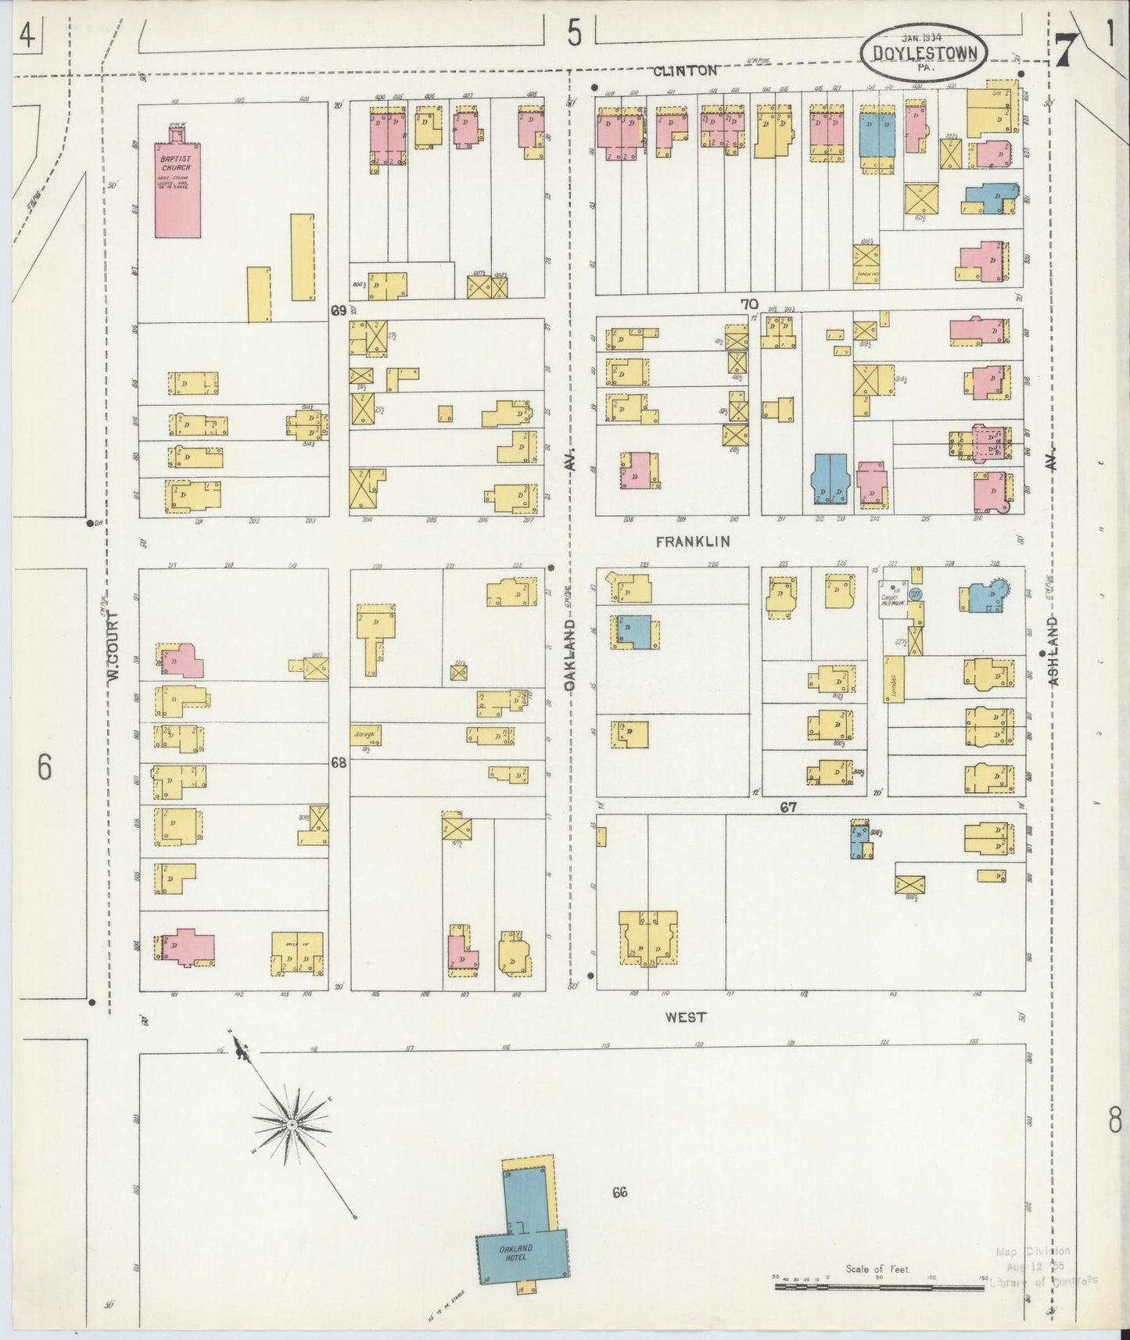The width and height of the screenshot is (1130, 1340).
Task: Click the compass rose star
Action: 291,1124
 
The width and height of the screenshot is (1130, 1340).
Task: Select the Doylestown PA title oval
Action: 923,52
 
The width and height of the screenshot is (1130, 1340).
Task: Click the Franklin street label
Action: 692,541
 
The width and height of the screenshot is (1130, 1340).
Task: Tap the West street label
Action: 686,1017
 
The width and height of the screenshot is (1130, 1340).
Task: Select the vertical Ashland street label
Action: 1053,651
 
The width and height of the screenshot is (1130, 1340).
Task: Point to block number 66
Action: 620,1192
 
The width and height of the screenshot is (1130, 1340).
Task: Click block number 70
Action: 749,303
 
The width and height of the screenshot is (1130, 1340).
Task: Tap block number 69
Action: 338,310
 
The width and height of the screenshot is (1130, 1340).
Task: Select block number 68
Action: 338,762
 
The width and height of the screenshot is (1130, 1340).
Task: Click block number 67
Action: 787,807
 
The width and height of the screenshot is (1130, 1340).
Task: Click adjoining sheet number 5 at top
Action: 576,35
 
